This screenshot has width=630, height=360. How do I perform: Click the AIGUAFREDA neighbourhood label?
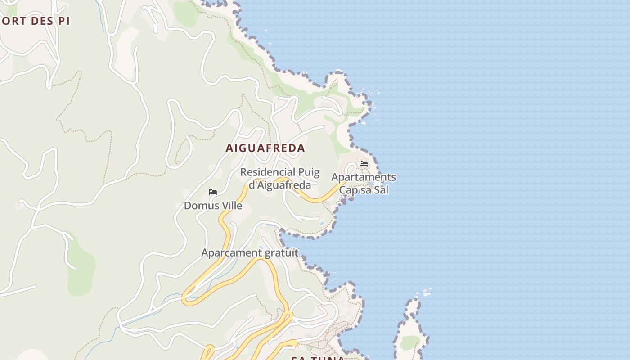(x=265, y=148)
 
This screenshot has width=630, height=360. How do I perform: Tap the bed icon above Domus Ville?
(x=213, y=192)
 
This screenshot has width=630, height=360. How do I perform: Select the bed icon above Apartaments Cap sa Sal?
(x=364, y=164)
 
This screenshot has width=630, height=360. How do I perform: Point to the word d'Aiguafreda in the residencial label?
(x=280, y=185)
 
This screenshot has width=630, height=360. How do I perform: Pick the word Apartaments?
(x=364, y=177)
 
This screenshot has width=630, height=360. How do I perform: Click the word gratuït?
(x=281, y=253)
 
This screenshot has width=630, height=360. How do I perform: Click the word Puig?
(x=309, y=172)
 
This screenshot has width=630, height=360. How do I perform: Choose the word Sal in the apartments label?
(x=381, y=190)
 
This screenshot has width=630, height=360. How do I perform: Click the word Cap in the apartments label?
(x=347, y=190)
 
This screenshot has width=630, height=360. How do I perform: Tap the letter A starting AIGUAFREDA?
(x=229, y=148)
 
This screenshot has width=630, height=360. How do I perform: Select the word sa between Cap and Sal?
(x=364, y=190)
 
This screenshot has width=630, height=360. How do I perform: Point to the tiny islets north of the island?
(x=425, y=293)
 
